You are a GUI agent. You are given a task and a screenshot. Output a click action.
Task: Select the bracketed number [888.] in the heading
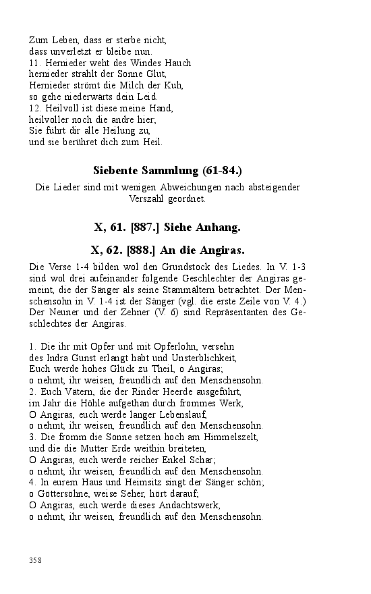pyautogui.click(x=138, y=250)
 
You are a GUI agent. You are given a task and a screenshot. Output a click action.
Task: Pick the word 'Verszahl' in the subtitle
pyautogui.click(x=147, y=198)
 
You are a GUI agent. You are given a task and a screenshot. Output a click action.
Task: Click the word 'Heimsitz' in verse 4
pyautogui.click(x=127, y=483)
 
